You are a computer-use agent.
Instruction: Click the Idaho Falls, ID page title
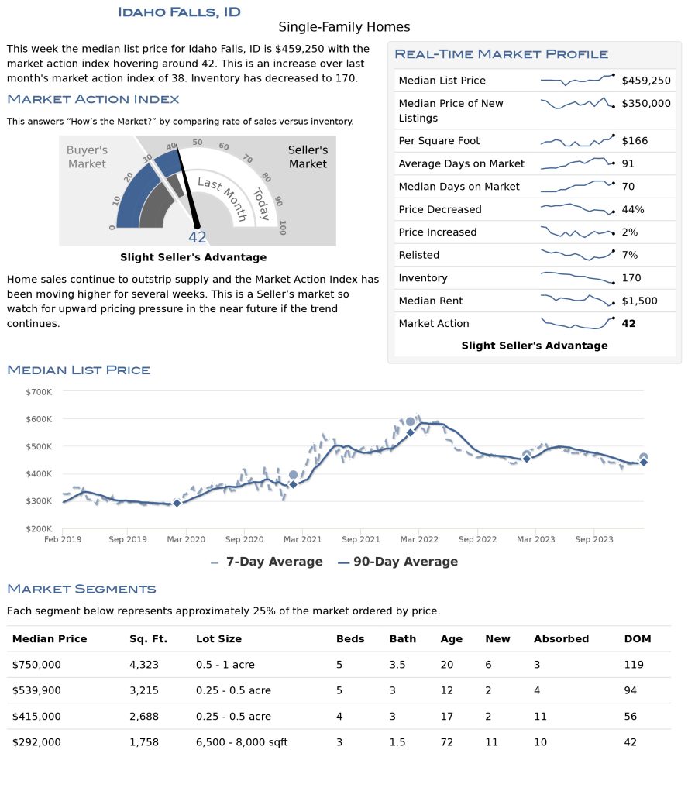179,12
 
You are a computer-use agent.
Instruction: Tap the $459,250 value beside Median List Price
646,81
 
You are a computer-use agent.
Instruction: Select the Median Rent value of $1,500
640,301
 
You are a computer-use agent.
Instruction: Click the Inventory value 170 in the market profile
631,278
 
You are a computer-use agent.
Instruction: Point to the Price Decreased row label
439,209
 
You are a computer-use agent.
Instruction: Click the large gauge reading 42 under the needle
198,237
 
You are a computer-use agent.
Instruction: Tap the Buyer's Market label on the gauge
87,157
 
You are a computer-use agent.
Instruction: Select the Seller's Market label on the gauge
308,157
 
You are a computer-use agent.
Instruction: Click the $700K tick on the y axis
39,392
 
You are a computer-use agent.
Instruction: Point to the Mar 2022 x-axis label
419,539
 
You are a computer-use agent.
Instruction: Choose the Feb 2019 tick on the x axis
63,539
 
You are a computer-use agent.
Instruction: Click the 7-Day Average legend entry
267,562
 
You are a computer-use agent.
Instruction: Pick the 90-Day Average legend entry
398,562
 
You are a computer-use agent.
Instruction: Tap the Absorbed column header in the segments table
561,638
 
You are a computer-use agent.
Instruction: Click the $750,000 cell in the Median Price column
36,665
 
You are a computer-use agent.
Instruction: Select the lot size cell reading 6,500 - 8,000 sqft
242,742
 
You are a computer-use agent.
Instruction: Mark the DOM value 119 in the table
634,665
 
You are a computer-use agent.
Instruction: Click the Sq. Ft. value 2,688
144,717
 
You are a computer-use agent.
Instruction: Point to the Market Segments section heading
81,590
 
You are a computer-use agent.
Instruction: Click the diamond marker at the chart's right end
644,462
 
